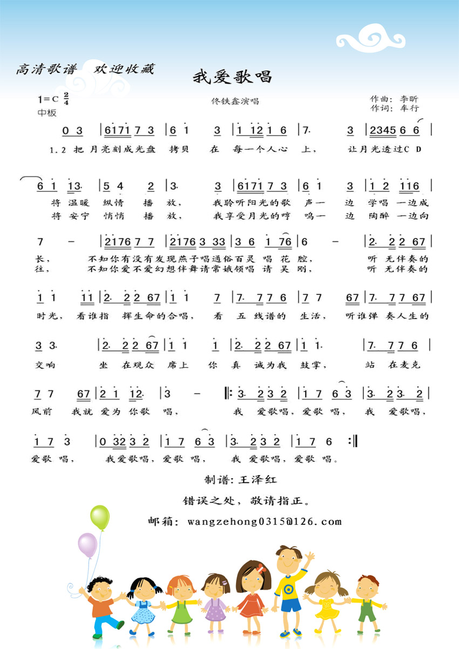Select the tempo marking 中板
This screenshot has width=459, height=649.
pyautogui.click(x=47, y=113)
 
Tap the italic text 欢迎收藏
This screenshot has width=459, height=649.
pyautogui.click(x=124, y=69)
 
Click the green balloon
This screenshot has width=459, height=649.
pyautogui.click(x=100, y=517)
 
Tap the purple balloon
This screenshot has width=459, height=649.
pyautogui.click(x=87, y=545)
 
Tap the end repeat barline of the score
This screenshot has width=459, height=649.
pyautogui.click(x=353, y=442)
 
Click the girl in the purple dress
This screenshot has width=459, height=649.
pyautogui.click(x=215, y=600)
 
